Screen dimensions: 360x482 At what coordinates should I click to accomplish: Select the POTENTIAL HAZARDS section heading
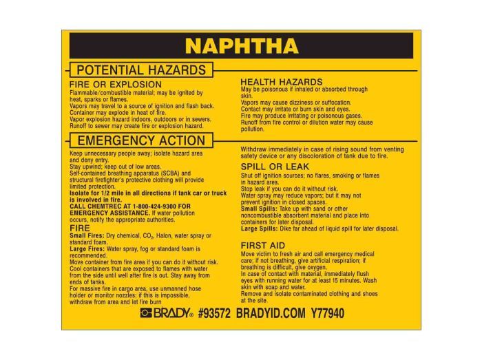coord(140,70)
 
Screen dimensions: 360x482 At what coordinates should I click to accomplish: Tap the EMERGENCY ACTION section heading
coord(141,140)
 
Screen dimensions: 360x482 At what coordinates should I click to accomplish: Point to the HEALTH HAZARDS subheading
coord(281,81)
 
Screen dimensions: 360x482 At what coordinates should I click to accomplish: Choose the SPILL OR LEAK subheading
coord(275,167)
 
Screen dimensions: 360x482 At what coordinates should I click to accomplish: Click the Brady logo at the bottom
coord(166,314)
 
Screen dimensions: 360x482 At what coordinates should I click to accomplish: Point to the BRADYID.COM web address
coord(270,314)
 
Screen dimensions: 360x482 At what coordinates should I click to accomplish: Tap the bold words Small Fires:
coord(87,235)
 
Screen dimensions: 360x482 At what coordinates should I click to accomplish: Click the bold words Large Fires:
coord(87,248)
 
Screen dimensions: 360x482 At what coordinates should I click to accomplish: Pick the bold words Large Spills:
coord(259,229)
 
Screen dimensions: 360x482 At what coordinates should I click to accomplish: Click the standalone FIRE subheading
coord(80,227)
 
